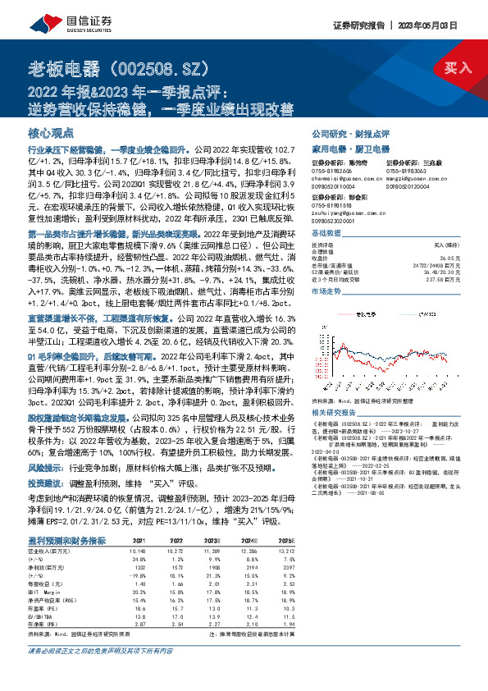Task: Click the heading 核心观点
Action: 51,132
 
